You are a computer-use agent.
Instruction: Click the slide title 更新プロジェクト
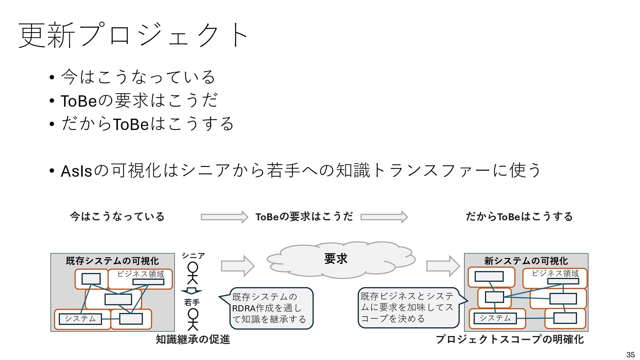pyautogui.click(x=133, y=35)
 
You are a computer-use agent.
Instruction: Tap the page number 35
pyautogui.click(x=630, y=355)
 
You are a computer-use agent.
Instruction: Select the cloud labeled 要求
pyautogui.click(x=340, y=259)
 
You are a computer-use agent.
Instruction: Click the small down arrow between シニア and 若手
pyautogui.click(x=191, y=291)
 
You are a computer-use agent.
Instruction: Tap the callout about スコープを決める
pyautogui.click(x=408, y=307)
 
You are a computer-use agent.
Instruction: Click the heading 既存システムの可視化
pyautogui.click(x=112, y=261)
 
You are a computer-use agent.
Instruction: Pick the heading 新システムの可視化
pyautogui.click(x=526, y=261)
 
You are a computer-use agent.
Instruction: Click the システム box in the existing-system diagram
pyautogui.click(x=80, y=319)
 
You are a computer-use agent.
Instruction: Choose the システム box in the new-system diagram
pyautogui.click(x=495, y=318)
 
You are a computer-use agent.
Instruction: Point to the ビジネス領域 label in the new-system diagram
pyautogui.click(x=555, y=274)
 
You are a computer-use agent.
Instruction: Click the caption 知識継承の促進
pyautogui.click(x=193, y=339)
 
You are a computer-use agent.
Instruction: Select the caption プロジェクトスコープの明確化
pyautogui.click(x=510, y=339)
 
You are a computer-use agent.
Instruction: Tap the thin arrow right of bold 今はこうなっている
pyautogui.click(x=224, y=217)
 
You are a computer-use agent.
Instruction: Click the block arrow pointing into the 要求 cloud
pyautogui.click(x=237, y=266)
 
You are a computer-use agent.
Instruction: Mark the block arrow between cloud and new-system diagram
pyautogui.click(x=443, y=266)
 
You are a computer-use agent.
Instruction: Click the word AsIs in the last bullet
pyautogui.click(x=76, y=171)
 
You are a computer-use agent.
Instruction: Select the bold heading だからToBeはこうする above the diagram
pyautogui.click(x=519, y=217)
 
